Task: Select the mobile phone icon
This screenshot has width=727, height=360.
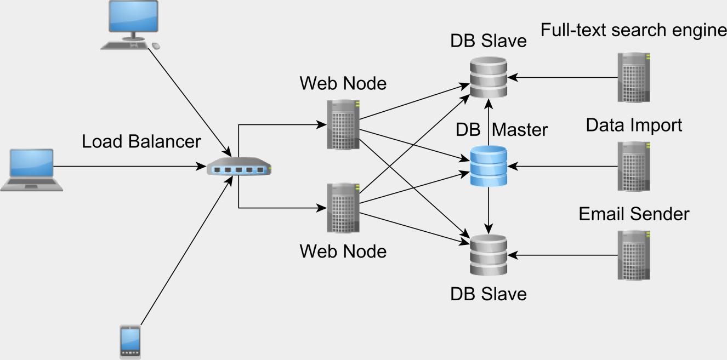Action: [x=130, y=342]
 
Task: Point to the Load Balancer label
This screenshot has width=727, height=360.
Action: [x=141, y=141]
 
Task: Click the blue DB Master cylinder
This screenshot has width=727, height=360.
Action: [x=488, y=166]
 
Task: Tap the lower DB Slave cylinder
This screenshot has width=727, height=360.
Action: [x=488, y=255]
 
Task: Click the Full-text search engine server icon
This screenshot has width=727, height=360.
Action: [x=634, y=77]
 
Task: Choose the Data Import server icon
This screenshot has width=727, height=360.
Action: [x=634, y=166]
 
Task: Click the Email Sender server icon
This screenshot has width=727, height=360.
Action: [x=634, y=255]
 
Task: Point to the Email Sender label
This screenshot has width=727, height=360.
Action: [x=634, y=214]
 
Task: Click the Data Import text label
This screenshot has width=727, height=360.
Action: [x=634, y=125]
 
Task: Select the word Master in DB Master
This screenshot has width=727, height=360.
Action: [x=520, y=130]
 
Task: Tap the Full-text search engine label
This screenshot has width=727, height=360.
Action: [x=633, y=30]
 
